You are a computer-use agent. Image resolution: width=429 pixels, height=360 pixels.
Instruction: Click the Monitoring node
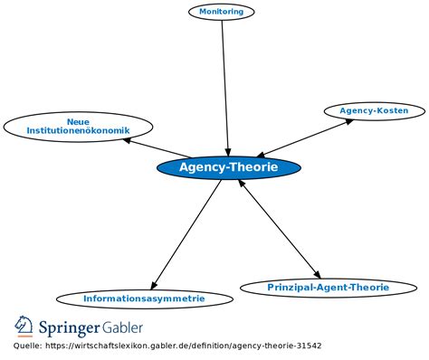(222, 12)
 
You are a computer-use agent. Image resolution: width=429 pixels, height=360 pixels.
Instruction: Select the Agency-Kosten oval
(375, 111)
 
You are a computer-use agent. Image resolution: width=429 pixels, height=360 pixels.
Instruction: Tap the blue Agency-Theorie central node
(229, 167)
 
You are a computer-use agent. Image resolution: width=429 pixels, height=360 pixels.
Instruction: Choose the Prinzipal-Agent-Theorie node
(329, 288)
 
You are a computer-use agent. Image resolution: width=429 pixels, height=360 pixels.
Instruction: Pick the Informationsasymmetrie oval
(145, 298)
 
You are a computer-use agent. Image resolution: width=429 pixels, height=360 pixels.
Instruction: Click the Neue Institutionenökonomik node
(78, 127)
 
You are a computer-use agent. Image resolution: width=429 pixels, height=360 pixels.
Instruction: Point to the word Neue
(78, 122)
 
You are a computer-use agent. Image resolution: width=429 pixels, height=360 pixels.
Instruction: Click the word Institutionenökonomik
(78, 130)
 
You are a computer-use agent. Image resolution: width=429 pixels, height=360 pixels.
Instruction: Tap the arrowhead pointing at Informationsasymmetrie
(154, 285)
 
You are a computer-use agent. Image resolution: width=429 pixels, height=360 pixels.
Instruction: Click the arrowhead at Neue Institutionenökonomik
(127, 140)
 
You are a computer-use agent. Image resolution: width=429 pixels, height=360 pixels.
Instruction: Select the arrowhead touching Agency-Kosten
(348, 121)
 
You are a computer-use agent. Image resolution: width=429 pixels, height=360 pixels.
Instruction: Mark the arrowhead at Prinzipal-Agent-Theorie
(317, 274)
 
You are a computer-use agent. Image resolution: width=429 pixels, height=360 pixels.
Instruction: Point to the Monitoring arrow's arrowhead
(228, 152)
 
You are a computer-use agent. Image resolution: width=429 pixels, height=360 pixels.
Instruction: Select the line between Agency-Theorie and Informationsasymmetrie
(186, 235)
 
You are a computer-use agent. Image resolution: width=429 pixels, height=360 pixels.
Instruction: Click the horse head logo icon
(24, 327)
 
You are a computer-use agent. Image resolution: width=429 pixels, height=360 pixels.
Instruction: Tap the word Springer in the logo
(69, 328)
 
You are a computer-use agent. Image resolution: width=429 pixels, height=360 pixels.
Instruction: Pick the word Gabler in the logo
(122, 327)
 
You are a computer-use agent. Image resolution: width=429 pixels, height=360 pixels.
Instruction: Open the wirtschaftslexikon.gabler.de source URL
(184, 346)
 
